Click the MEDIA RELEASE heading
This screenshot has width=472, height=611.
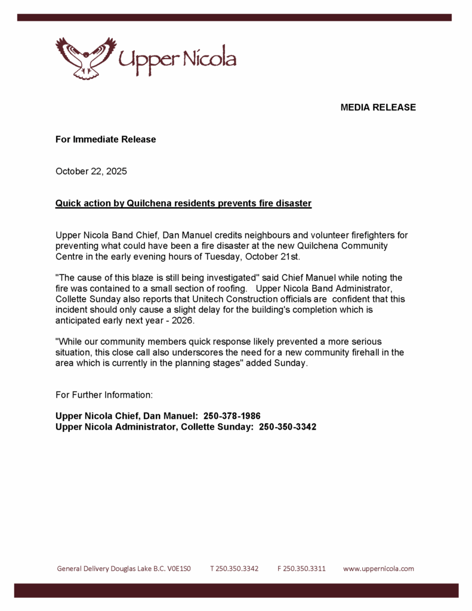click(378, 107)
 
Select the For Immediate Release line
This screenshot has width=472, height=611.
click(106, 140)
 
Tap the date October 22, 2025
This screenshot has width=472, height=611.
click(91, 171)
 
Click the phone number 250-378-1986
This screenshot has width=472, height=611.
click(232, 416)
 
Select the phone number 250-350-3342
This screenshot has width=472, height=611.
click(288, 427)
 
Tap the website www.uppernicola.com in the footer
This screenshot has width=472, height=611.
click(378, 569)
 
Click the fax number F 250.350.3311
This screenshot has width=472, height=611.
click(301, 569)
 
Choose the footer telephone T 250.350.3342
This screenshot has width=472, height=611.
click(234, 569)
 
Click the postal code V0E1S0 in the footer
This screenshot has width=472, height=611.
click(178, 569)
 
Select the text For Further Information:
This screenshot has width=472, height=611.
click(104, 395)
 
